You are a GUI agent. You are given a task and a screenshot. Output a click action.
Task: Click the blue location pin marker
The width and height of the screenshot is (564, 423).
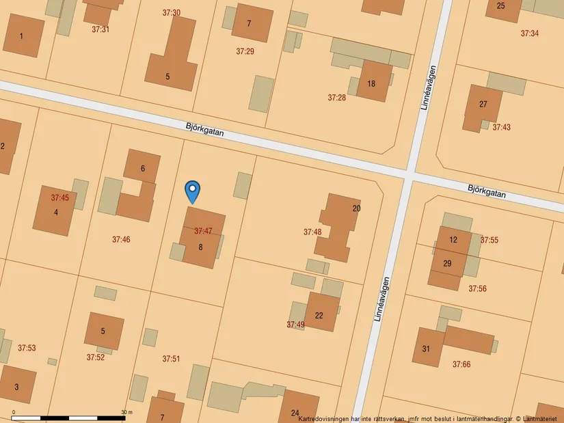(x=193, y=191)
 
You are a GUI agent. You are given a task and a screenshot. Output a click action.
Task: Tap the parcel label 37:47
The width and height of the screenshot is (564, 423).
(x=203, y=231)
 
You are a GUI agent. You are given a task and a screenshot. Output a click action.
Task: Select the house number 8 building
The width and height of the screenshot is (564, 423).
(x=201, y=247)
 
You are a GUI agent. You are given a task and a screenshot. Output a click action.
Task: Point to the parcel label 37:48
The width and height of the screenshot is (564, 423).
(x=312, y=232)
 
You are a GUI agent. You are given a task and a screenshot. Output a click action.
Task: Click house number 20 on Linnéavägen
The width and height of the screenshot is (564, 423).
(x=356, y=208)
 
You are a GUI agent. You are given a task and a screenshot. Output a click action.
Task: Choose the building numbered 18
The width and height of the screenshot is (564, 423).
(x=372, y=83)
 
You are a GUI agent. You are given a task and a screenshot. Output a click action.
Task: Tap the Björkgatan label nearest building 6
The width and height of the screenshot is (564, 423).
(x=204, y=129)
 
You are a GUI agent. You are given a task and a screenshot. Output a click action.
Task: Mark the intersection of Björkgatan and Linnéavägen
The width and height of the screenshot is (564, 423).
(x=408, y=176)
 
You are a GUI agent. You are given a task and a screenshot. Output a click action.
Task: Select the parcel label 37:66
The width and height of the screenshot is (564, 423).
(x=461, y=364)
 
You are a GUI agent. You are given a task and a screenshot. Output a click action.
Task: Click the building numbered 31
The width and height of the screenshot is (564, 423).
(x=427, y=349)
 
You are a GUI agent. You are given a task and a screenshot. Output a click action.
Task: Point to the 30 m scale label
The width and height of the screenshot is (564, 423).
(x=126, y=412)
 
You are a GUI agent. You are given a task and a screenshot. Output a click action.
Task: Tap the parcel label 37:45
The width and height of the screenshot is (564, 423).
(x=60, y=197)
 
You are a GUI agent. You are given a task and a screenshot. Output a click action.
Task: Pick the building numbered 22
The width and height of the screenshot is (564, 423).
(x=319, y=315)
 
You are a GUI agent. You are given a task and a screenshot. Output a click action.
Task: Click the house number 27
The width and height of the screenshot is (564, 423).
(x=483, y=104)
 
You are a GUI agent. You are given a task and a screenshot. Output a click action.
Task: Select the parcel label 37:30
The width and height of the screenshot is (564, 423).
(x=172, y=13)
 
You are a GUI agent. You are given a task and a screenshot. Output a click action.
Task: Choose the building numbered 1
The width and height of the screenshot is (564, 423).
(x=22, y=36)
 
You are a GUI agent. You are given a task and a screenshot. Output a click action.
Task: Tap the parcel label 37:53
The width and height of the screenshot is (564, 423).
(x=27, y=348)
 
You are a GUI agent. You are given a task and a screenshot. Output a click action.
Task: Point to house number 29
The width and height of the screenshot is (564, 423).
(x=447, y=263)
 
